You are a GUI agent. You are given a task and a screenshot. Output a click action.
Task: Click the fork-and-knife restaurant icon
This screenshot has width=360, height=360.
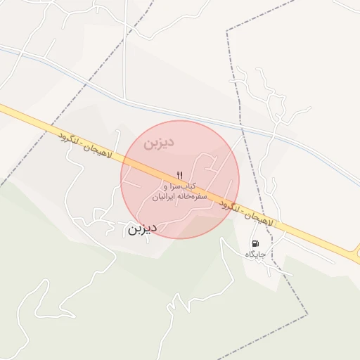(180, 174)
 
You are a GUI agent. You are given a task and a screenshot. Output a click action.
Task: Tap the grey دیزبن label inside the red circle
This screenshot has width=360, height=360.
(159, 143)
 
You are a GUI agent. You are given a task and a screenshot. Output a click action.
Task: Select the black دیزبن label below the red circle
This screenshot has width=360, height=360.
(142, 229)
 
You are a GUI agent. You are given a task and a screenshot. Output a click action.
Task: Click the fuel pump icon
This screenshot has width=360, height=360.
(255, 243)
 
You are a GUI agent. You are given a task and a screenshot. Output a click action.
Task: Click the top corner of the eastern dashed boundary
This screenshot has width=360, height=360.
(226, 32)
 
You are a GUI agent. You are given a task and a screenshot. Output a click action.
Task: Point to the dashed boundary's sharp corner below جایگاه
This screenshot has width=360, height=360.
(308, 314)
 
